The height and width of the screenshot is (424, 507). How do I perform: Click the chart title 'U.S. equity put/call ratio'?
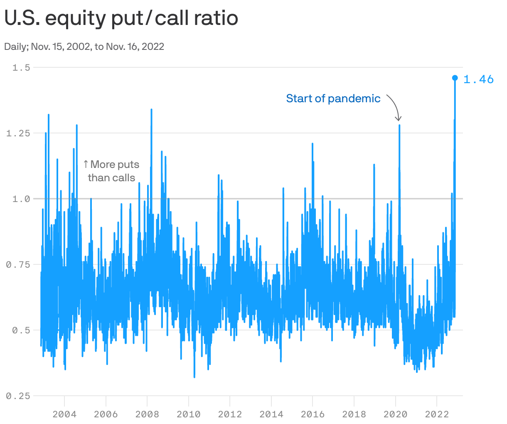[121, 18]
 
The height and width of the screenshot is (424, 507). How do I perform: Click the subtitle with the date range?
[84, 46]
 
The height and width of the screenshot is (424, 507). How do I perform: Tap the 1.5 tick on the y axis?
[21, 67]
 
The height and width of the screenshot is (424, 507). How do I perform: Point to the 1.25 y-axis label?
[18, 133]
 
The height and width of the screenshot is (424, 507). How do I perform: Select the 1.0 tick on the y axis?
[21, 199]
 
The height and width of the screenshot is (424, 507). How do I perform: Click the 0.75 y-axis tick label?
[18, 264]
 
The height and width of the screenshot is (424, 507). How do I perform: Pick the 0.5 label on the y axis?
[21, 330]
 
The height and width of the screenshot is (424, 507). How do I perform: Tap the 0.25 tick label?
[18, 396]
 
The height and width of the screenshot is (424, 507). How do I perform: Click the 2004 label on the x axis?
[64, 414]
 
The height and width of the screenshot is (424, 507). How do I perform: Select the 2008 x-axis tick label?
[147, 414]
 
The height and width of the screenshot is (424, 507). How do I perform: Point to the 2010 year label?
[188, 414]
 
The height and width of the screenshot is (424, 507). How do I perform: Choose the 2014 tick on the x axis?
[271, 414]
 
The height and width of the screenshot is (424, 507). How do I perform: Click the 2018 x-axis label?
[354, 414]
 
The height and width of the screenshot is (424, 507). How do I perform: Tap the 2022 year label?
[436, 414]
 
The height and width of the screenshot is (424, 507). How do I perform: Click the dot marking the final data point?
[455, 78]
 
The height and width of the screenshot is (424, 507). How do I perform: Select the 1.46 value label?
[478, 79]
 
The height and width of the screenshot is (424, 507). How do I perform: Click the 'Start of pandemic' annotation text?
[333, 99]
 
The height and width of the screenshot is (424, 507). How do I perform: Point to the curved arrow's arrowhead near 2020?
[399, 119]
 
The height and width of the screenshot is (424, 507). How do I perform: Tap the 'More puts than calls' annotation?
[111, 171]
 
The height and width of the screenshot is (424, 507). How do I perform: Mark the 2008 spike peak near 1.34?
[151, 110]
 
